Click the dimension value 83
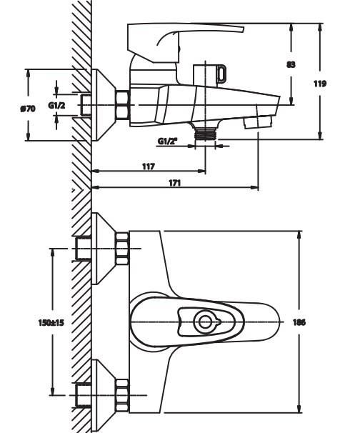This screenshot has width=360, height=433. click(291, 64)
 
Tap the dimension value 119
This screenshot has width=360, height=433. click(320, 84)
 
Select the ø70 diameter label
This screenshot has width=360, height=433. click(28, 109)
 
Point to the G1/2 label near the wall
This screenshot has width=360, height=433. click(57, 105)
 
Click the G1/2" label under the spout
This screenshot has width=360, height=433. click(167, 141)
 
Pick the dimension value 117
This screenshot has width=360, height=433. click(149, 166)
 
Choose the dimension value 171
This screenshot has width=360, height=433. click(174, 183)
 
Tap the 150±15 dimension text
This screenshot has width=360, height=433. click(51, 322)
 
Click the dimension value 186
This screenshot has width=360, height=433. click(299, 322)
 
